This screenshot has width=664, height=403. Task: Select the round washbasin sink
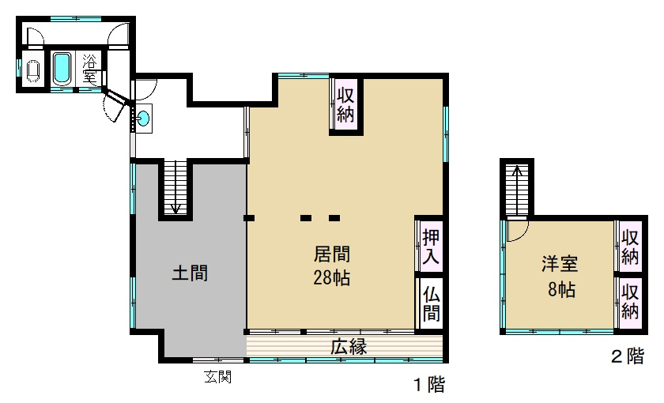[143, 119]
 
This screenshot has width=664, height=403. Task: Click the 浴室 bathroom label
[90, 69]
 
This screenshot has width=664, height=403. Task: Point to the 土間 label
[190, 273]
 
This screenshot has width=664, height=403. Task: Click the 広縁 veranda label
[348, 346]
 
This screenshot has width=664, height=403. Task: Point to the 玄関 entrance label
[218, 377]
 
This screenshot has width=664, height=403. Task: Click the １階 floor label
[428, 386]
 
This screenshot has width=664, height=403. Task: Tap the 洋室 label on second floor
[560, 264]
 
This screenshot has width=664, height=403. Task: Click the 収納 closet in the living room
[345, 104]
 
